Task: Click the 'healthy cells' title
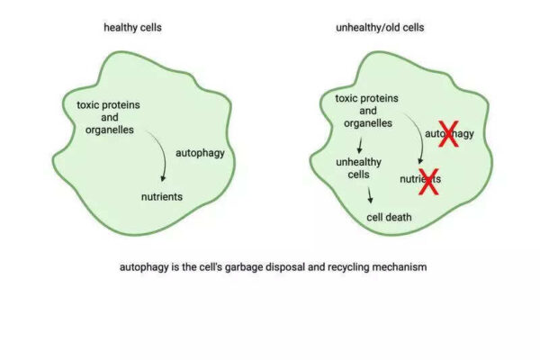pos(132,28)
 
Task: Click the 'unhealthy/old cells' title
pos(380,28)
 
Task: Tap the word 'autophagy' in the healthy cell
pos(200,153)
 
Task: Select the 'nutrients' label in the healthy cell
pos(162,197)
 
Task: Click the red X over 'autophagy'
pos(448,134)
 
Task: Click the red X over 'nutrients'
pos(428,182)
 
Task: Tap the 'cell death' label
pos(389,218)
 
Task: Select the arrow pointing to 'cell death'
pos(370,195)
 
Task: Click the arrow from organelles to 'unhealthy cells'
pos(360,146)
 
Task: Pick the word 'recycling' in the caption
pos(348,267)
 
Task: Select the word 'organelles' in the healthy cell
pos(110,130)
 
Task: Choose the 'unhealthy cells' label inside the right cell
pos(358,168)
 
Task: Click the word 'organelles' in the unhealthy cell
pos(368,123)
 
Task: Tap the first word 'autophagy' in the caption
pos(144,267)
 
